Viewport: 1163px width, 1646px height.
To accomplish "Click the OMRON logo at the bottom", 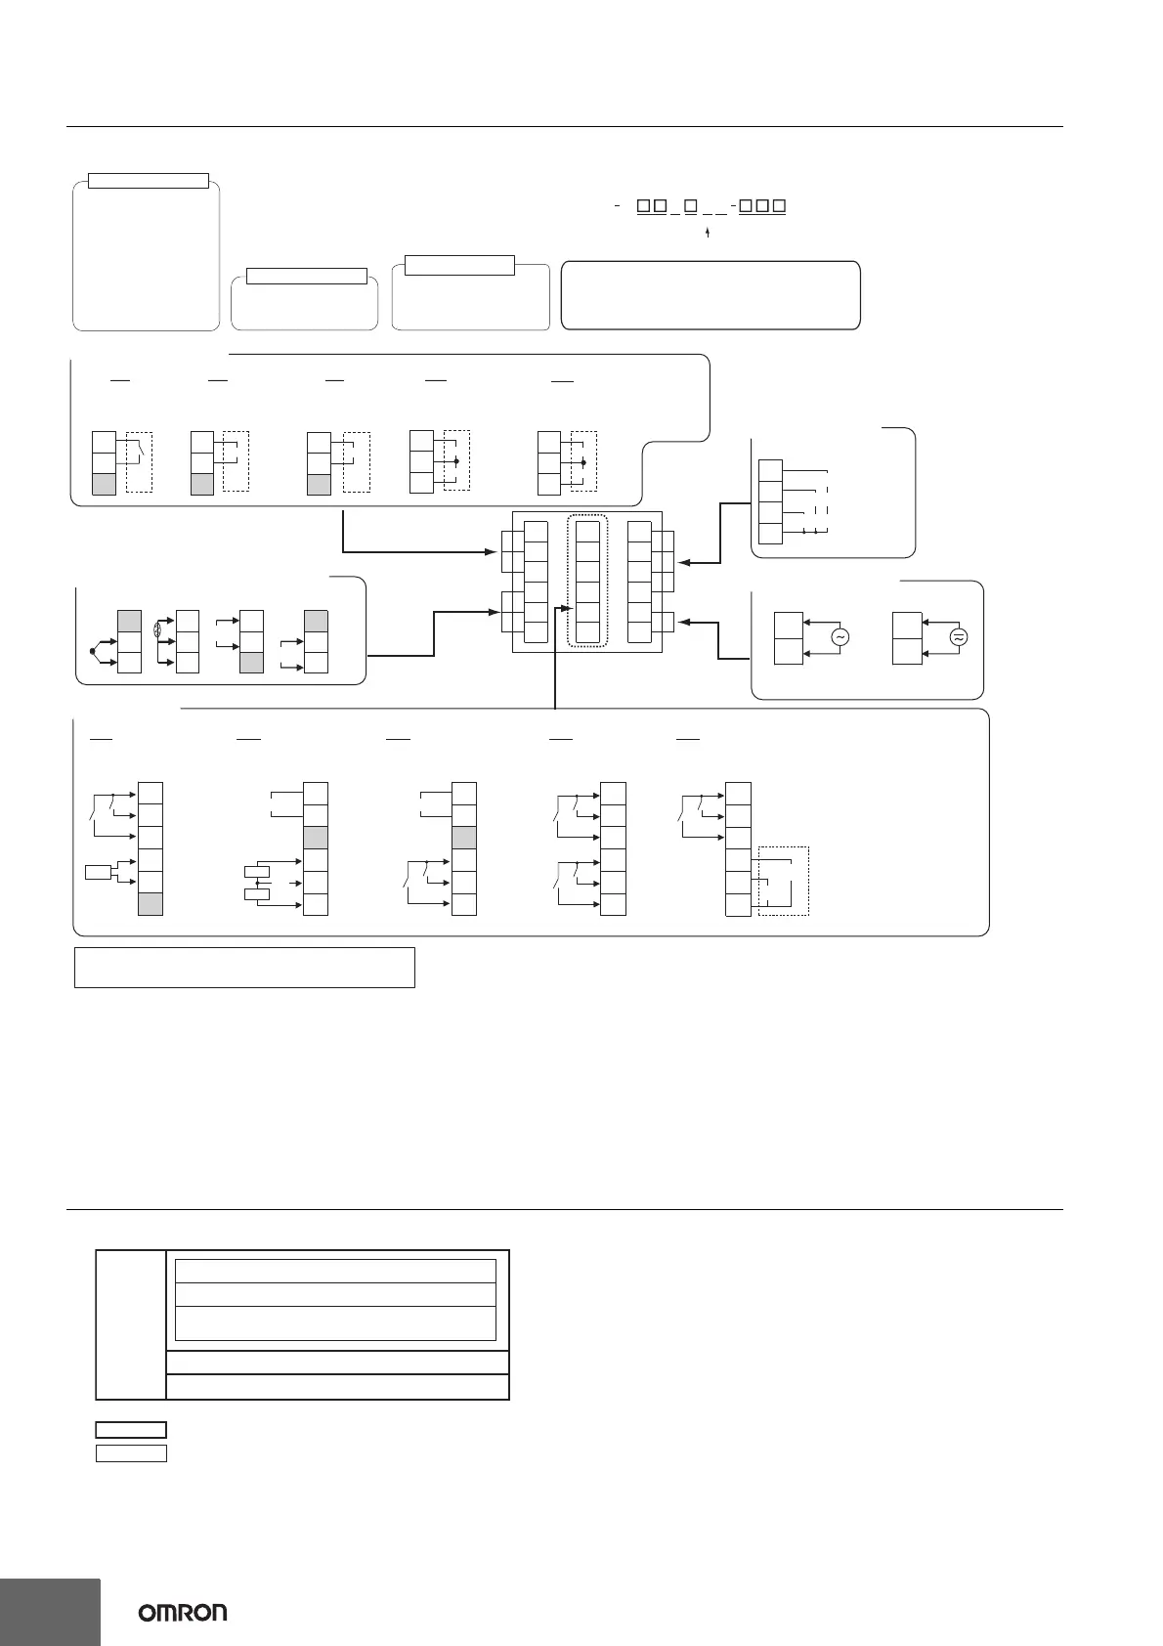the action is coord(183,1612).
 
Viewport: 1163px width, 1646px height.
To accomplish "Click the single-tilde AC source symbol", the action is coord(839,636).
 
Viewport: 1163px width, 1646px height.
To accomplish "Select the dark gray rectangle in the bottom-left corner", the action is coord(50,1611).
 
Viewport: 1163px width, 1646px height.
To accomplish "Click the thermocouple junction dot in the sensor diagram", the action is coord(93,649).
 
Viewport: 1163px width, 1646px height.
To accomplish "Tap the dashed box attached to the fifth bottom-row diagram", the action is coord(783,881).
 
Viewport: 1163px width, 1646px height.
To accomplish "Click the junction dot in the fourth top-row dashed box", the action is coord(456,459).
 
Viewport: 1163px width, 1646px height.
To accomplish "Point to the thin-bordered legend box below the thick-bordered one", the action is coord(131,1453).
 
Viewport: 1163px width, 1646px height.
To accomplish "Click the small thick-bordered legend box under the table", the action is coord(131,1430).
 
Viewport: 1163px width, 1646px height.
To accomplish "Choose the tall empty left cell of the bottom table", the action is coord(131,1324).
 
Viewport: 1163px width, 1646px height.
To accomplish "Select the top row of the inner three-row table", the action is coord(335,1271).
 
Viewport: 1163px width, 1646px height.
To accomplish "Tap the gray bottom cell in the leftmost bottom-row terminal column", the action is coord(151,903).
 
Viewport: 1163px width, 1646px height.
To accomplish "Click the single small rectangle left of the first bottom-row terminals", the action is coord(99,872).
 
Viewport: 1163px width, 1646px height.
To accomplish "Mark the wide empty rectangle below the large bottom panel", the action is coord(244,967).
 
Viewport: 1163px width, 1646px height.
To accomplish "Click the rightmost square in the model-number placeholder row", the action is coord(780,206).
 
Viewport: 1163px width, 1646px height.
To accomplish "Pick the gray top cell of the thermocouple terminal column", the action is coord(129,621).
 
